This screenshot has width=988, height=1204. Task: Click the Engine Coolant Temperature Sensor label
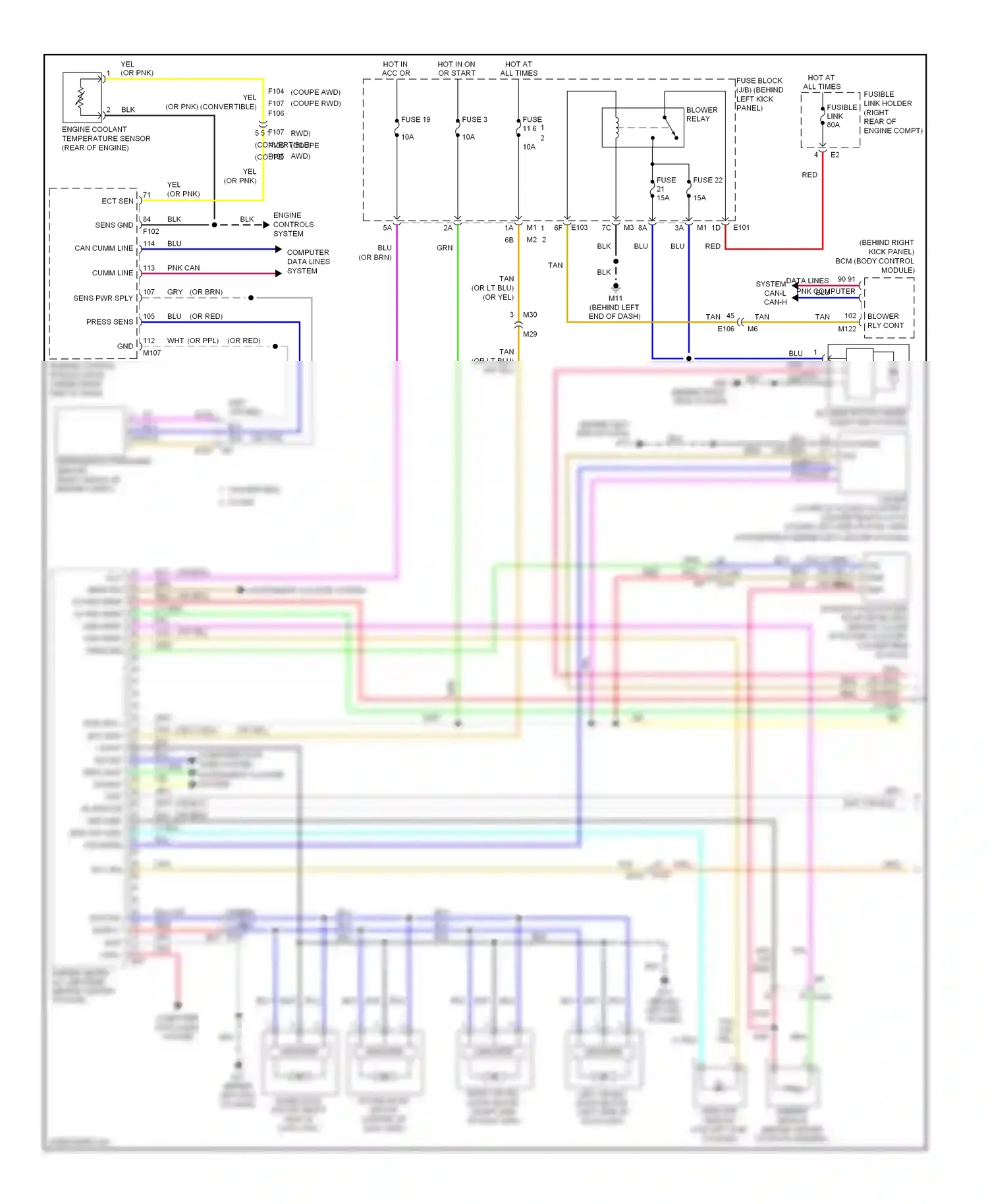[105, 138]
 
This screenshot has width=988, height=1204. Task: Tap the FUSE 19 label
[415, 120]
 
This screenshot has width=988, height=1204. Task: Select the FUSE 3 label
[474, 120]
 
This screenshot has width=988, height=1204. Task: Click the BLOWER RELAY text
[701, 115]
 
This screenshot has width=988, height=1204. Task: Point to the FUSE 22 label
[707, 180]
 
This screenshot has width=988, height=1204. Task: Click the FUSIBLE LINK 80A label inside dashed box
[841, 116]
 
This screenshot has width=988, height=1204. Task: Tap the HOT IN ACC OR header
[395, 68]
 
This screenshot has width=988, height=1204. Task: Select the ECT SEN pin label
[117, 201]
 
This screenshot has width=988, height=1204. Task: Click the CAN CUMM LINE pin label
[103, 248]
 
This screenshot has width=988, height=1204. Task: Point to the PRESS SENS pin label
[109, 322]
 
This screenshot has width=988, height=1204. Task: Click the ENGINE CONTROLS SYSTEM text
[293, 225]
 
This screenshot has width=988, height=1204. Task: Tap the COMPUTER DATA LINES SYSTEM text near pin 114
[308, 261]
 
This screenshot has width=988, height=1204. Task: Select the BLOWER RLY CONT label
[885, 321]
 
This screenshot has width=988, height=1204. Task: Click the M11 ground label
[615, 298]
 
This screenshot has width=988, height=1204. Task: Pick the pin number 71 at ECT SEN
[147, 195]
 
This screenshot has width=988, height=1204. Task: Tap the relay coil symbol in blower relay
[617, 127]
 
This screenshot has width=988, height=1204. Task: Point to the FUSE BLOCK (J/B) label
[759, 94]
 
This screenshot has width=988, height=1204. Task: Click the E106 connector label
[725, 329]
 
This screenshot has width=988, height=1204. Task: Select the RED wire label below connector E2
[809, 175]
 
